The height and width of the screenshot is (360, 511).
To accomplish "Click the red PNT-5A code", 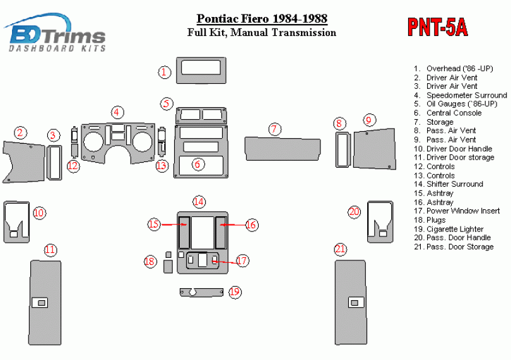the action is pos(438,27).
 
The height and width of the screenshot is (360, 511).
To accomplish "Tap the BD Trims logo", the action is pos(55,33).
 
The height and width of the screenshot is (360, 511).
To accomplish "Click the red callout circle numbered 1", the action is pos(164,72).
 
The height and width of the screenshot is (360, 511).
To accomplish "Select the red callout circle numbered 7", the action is pos(274,129).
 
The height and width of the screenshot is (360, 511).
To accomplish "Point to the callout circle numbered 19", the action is pos(235,291).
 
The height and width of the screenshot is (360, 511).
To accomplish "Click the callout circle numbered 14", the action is pos(199,202).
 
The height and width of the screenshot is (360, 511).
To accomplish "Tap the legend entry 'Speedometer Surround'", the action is pos(467,95).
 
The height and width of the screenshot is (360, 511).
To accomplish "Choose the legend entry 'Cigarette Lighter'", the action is pos(455,229).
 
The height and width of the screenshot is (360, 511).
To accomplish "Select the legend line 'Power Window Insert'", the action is pos(463,211).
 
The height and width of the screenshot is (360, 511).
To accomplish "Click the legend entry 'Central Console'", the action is pos(454,113).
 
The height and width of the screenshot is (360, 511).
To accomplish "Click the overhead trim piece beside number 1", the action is pos(201,71).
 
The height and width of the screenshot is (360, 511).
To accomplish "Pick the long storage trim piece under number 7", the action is pos(283,149).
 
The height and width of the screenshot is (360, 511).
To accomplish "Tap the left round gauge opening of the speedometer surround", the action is pos(94,142).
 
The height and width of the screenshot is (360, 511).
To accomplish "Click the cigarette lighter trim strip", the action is pos(202,293).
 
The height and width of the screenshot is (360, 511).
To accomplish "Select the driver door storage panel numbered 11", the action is pos(45,303).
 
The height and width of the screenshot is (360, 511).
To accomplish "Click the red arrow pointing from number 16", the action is pos(232,225).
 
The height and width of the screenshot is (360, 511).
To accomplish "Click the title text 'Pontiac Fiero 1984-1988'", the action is pos(262,18).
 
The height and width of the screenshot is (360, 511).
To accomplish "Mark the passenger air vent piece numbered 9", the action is pos(375,149).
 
